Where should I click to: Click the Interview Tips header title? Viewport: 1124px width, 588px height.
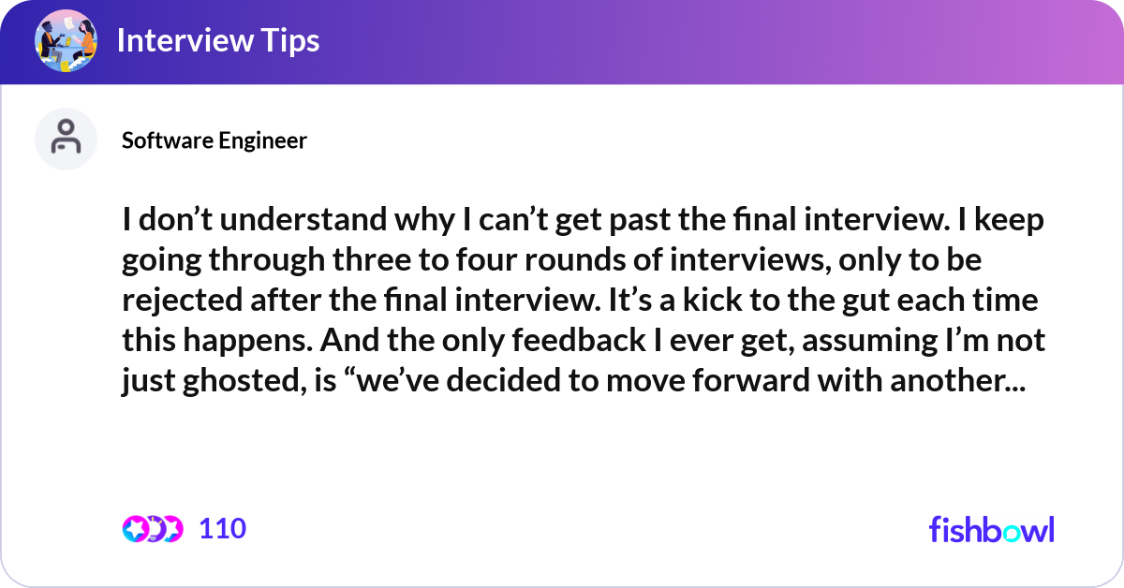tap(218, 40)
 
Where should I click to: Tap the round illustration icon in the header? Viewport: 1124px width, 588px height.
tap(66, 40)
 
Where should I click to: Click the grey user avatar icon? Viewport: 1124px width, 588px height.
tap(66, 139)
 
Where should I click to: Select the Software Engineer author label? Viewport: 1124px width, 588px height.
tap(214, 140)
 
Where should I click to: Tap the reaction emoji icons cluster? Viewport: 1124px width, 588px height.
tap(152, 529)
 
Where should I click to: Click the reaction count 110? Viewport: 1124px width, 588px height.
tap(223, 529)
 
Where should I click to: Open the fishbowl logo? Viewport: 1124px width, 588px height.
tap(991, 529)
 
